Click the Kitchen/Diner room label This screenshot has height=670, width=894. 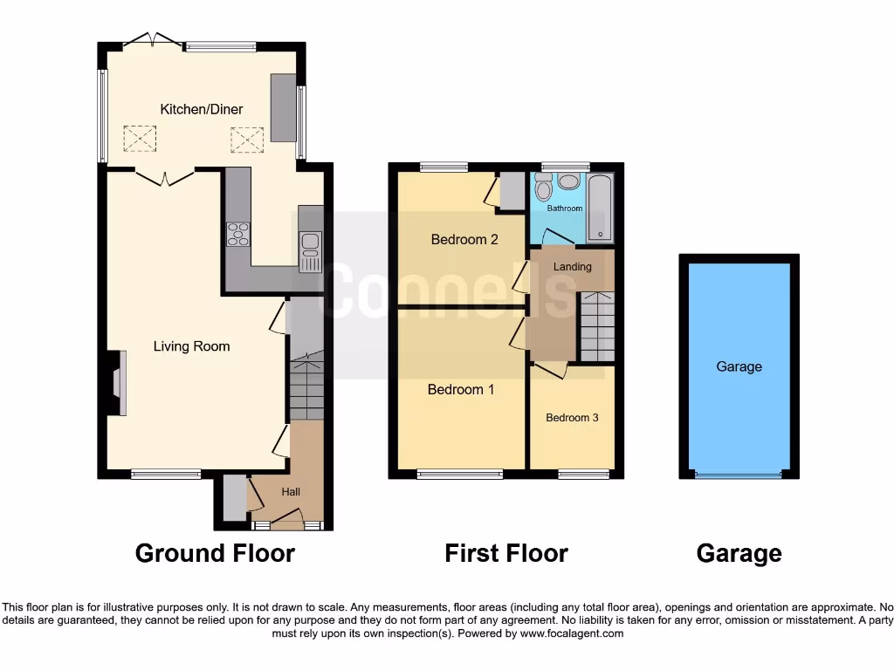point(201,109)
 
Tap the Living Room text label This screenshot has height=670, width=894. point(191,346)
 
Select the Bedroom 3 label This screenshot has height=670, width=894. point(572,418)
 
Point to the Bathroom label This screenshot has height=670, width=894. point(564,209)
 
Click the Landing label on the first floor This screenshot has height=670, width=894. point(572,267)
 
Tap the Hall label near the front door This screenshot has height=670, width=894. point(291,492)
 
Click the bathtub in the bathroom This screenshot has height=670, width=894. point(601,209)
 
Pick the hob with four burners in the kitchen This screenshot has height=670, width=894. point(237,234)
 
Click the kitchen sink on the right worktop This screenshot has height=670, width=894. point(310,251)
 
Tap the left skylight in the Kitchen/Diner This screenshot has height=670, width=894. point(138,138)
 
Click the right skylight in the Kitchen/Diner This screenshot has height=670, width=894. point(246,138)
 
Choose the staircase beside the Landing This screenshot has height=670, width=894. point(597,326)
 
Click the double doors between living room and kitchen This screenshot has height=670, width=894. point(164,177)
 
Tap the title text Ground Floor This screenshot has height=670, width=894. point(215,553)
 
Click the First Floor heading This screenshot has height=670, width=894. point(506,553)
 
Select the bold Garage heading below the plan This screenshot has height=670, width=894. point(739,553)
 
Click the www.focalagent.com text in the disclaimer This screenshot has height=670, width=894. point(571,633)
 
